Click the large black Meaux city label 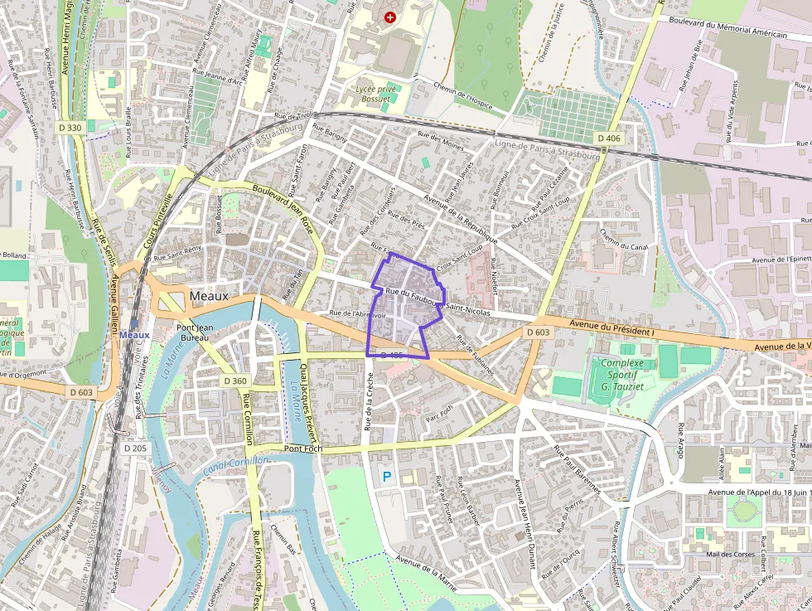pyautogui.click(x=209, y=296)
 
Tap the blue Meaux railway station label pyautogui.click(x=134, y=334)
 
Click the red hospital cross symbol pyautogui.click(x=390, y=17)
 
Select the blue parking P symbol pyautogui.click(x=386, y=477)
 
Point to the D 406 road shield pyautogui.click(x=609, y=138)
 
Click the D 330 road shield pyautogui.click(x=71, y=127)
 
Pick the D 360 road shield pyautogui.click(x=236, y=381)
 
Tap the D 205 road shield pyautogui.click(x=135, y=449)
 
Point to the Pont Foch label pyautogui.click(x=302, y=449)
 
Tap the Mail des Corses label pyautogui.click(x=731, y=554)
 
